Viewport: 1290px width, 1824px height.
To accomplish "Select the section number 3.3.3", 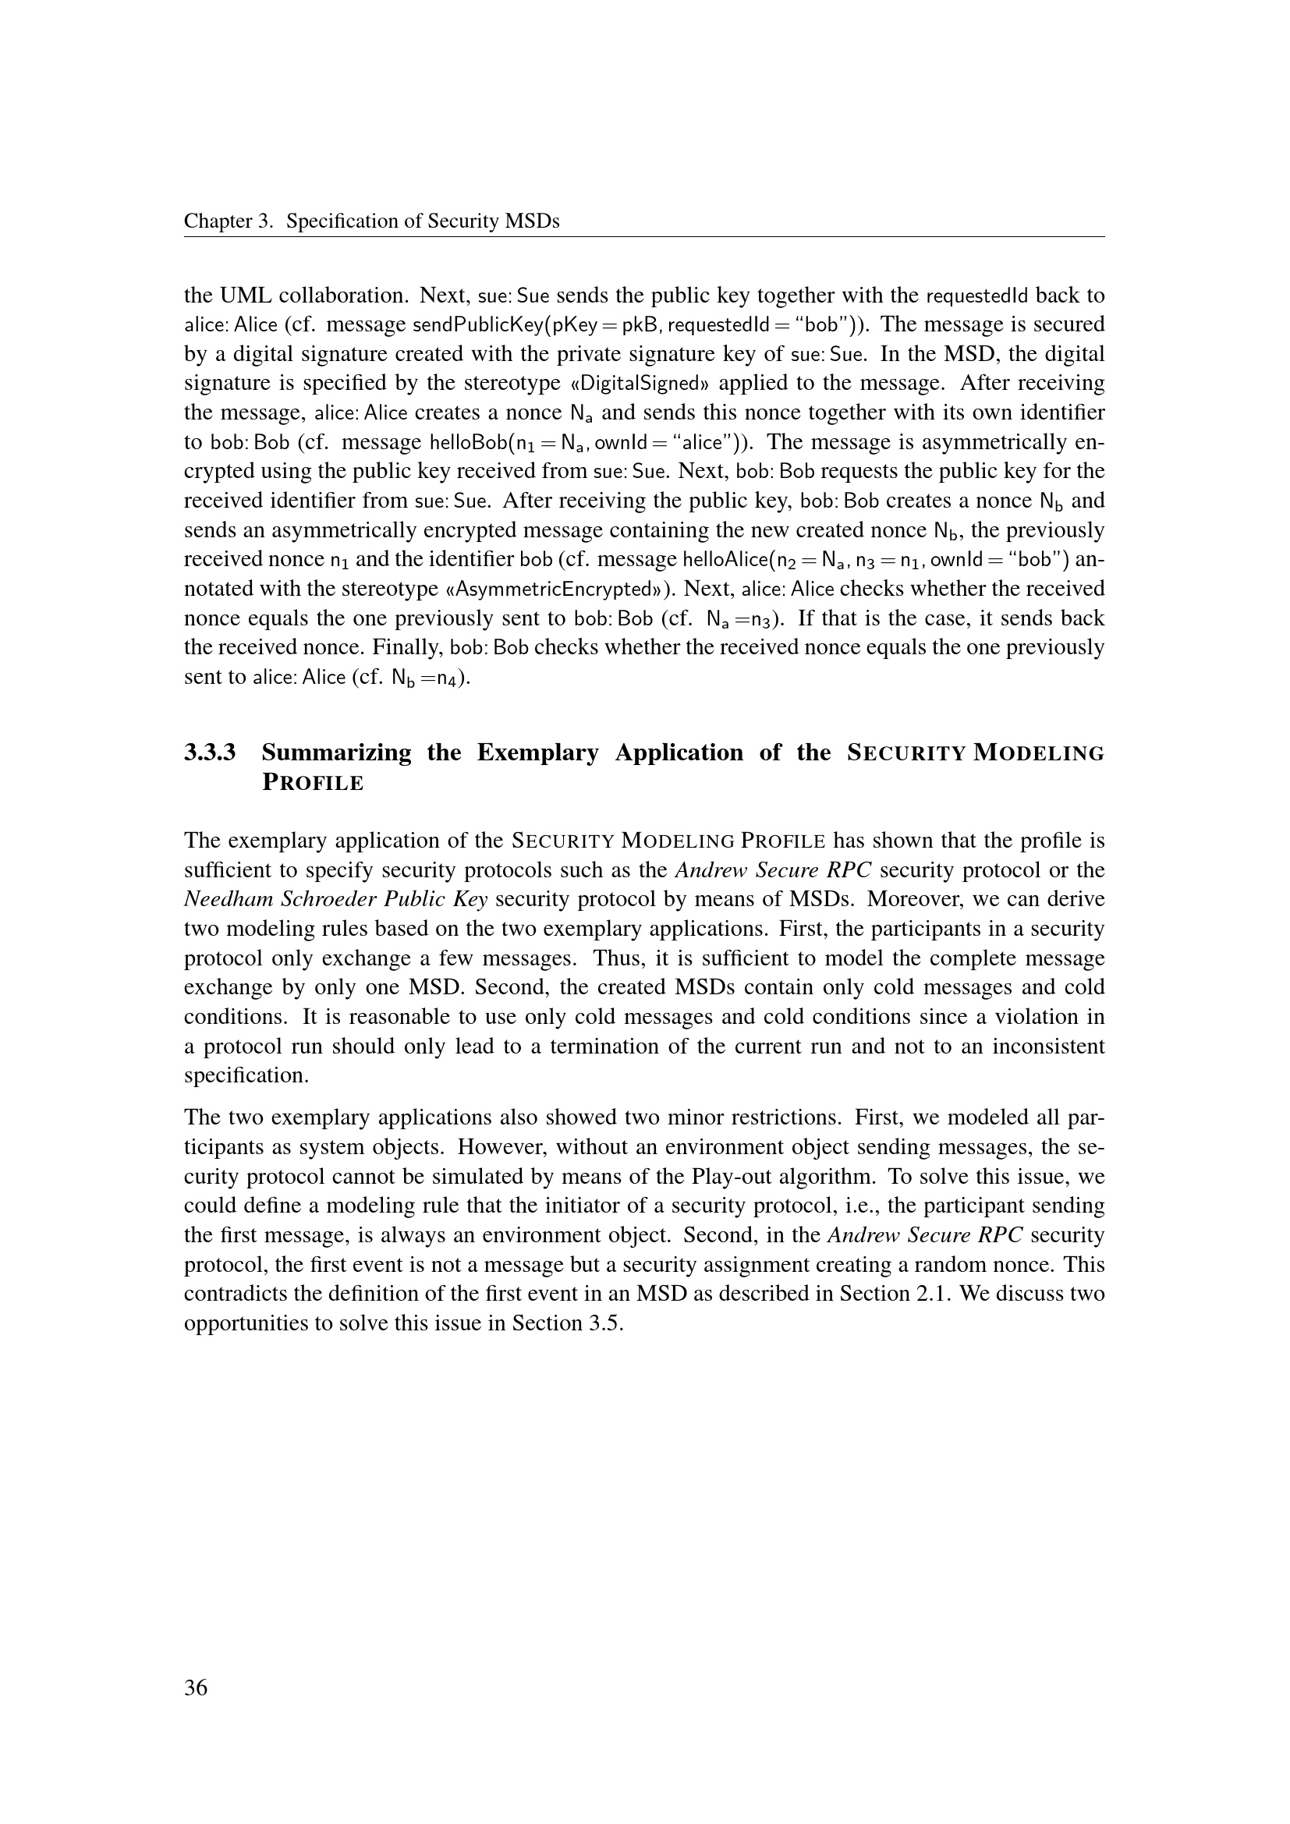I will [210, 753].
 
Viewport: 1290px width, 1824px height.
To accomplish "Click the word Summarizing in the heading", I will [337, 753].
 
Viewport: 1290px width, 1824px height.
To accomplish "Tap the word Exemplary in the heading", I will [538, 753].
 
